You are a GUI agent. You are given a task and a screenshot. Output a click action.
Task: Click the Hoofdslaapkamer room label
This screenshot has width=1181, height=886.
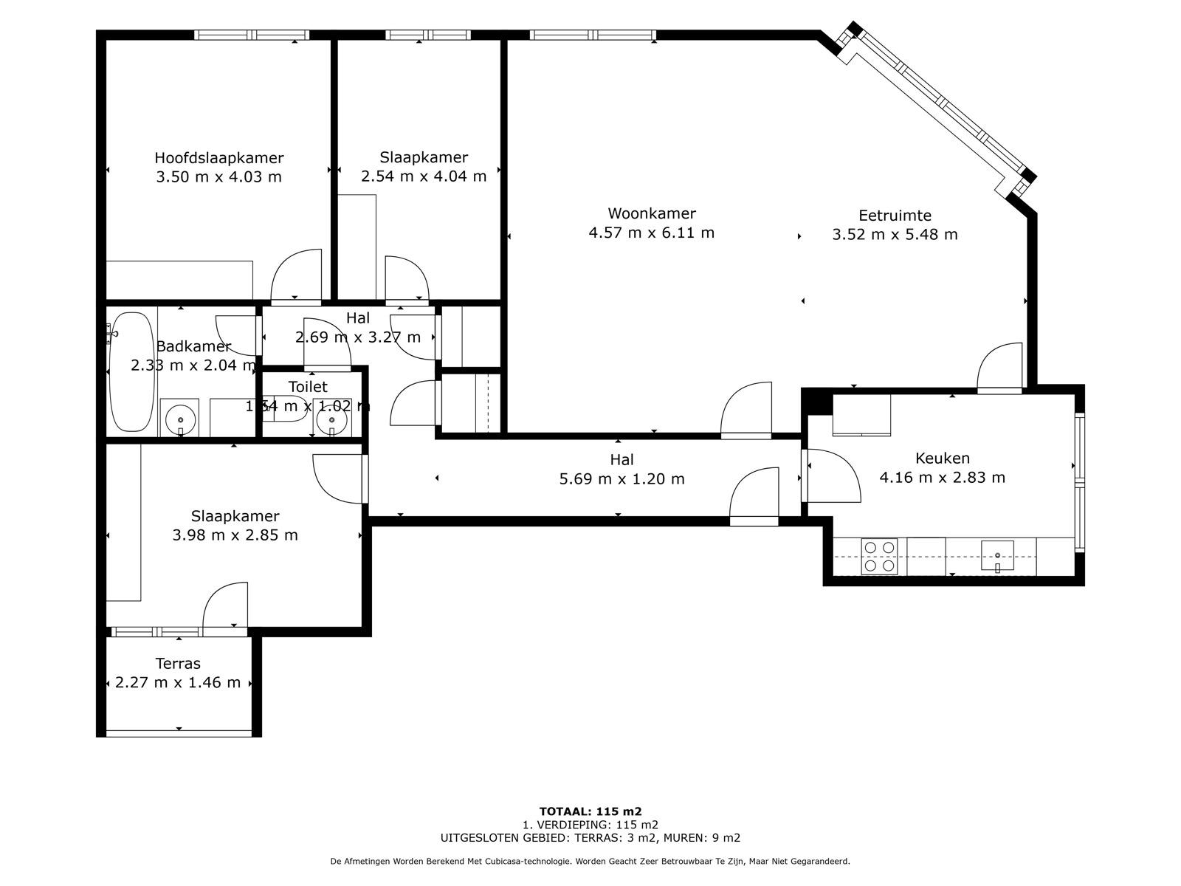(218, 158)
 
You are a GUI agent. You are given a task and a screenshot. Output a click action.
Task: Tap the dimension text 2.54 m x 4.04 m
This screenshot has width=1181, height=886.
(424, 176)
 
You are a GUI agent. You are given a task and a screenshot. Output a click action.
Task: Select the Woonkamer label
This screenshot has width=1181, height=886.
(651, 213)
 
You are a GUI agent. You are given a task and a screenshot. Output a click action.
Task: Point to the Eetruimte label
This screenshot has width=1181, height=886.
(895, 216)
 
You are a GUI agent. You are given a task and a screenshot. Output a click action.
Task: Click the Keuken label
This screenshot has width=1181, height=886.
(942, 458)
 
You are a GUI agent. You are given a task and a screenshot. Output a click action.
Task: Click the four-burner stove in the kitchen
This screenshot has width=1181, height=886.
(880, 557)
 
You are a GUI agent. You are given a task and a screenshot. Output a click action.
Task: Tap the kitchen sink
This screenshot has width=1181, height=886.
(997, 555)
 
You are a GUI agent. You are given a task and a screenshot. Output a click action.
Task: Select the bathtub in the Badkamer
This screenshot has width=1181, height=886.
(131, 372)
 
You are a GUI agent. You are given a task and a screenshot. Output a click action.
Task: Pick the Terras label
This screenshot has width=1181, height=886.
(178, 664)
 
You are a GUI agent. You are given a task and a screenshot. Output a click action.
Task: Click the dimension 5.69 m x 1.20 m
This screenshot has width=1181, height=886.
(622, 479)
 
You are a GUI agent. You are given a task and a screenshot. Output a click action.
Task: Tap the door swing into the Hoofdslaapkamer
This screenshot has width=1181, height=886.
(297, 277)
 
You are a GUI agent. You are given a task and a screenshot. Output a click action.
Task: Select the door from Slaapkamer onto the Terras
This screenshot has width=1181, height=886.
(225, 606)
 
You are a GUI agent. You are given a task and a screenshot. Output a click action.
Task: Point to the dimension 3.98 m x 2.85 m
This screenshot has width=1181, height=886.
(235, 535)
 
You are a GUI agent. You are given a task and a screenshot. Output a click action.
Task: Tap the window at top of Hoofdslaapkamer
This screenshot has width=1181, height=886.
(251, 35)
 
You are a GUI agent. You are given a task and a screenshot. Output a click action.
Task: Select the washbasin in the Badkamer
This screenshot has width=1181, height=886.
(179, 419)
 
